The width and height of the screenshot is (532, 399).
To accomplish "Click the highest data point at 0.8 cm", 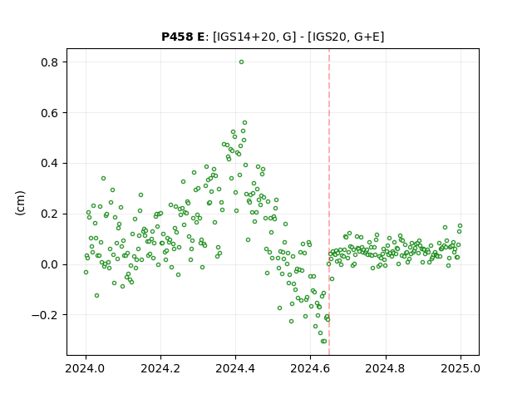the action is (241, 62).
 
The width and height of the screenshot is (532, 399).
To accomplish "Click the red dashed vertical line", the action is (329, 202).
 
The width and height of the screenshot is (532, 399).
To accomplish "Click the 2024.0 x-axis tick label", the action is (86, 368).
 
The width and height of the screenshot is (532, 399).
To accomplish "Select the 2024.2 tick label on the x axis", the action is (160, 368).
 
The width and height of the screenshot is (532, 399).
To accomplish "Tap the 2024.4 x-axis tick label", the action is (235, 368).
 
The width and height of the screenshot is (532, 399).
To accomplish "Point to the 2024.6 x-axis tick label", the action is (310, 368).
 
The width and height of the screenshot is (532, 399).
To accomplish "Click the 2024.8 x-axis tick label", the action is (386, 368).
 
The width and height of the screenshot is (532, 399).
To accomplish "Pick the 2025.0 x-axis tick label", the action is (461, 368).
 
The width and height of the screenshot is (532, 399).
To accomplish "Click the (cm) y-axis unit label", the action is (20, 203).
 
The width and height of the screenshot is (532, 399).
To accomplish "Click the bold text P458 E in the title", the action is (183, 37).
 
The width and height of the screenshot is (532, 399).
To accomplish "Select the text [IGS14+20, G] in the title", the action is (252, 37).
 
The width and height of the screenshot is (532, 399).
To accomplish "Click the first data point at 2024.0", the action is (86, 272).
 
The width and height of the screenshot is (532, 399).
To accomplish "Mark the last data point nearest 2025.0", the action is (460, 225).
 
